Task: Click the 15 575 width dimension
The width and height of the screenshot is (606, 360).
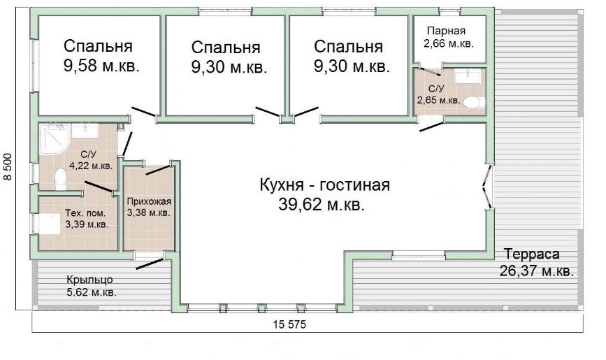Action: (289, 324)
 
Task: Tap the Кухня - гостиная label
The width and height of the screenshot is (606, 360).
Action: (324, 185)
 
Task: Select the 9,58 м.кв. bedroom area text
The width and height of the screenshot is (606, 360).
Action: (101, 66)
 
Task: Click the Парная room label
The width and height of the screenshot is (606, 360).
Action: (446, 31)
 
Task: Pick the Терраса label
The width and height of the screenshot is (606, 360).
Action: (532, 254)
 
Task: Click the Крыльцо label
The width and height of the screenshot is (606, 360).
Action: (89, 280)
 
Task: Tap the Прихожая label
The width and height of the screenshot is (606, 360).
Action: (149, 201)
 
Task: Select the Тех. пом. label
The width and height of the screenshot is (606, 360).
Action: (85, 213)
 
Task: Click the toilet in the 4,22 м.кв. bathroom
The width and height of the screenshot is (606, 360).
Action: (60, 179)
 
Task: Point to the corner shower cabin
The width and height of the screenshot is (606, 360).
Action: (55, 138)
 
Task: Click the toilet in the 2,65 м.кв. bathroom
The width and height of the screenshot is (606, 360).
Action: (473, 103)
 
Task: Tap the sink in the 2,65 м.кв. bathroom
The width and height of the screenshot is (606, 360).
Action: (467, 76)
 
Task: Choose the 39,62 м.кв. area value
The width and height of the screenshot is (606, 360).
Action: (321, 205)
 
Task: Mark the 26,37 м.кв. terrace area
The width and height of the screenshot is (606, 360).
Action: (536, 271)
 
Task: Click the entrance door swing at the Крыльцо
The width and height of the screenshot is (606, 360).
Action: (149, 264)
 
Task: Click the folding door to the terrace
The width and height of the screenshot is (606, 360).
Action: (488, 187)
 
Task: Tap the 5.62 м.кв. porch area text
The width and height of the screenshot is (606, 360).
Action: (92, 292)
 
